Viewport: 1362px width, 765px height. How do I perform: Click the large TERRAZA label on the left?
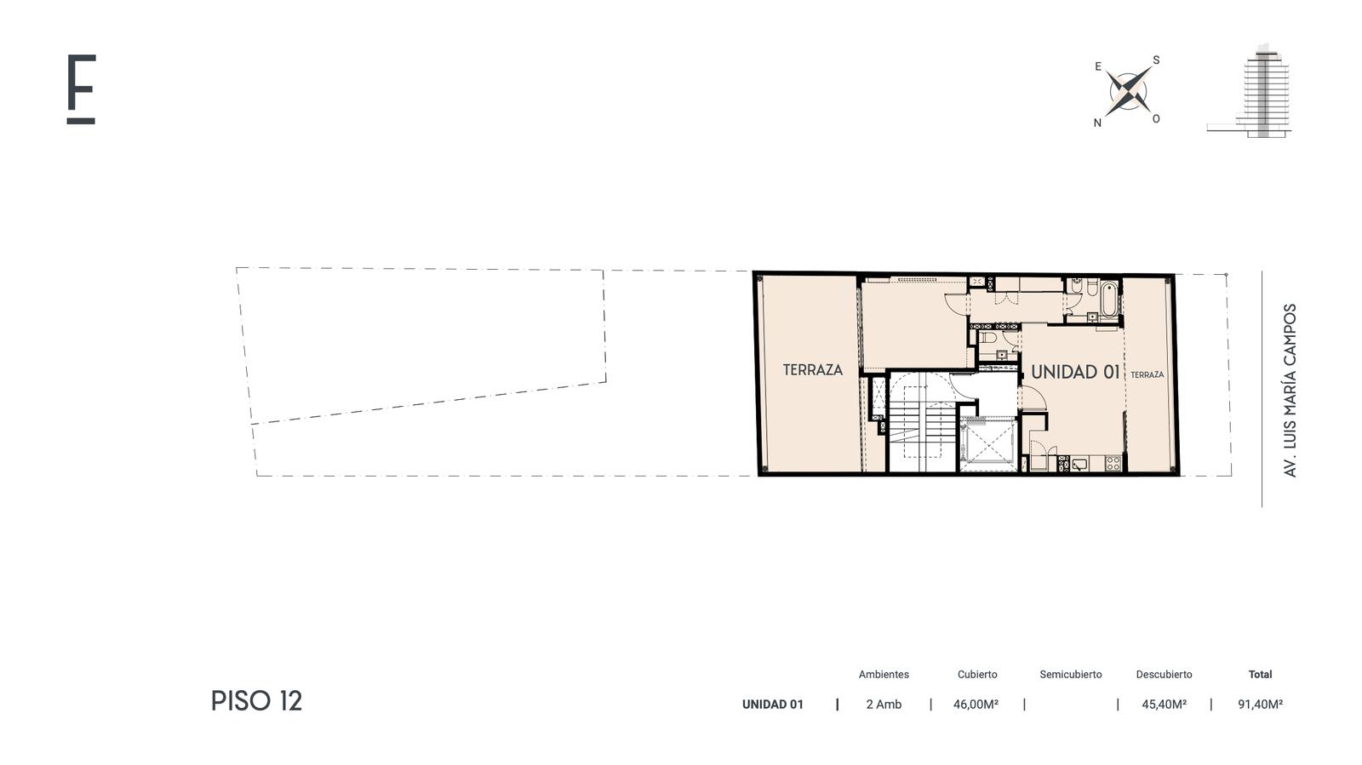coord(812,369)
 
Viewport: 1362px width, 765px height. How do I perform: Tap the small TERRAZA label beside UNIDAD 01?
coord(1147,375)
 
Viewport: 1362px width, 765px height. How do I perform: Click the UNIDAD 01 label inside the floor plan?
coord(1075,372)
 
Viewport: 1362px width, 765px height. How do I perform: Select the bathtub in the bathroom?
coord(1108,299)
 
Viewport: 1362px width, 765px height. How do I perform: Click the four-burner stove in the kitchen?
coord(1113,463)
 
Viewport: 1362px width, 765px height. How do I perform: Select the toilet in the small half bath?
coord(987,337)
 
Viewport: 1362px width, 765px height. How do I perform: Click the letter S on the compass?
coord(1156,60)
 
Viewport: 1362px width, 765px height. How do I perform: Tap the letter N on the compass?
coord(1097,123)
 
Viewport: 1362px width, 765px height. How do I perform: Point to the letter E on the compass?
coord(1098,66)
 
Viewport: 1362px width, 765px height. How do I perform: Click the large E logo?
coord(81,88)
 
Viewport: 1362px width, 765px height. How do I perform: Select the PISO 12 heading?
coord(256,700)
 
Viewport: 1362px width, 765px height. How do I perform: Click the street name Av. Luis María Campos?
coord(1290,390)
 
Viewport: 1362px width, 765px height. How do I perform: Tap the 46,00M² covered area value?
coord(976,705)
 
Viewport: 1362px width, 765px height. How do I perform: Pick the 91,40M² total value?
coord(1261,705)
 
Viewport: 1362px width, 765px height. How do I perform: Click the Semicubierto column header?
coord(1071,674)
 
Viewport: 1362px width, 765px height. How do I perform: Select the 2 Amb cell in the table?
coord(884,705)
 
